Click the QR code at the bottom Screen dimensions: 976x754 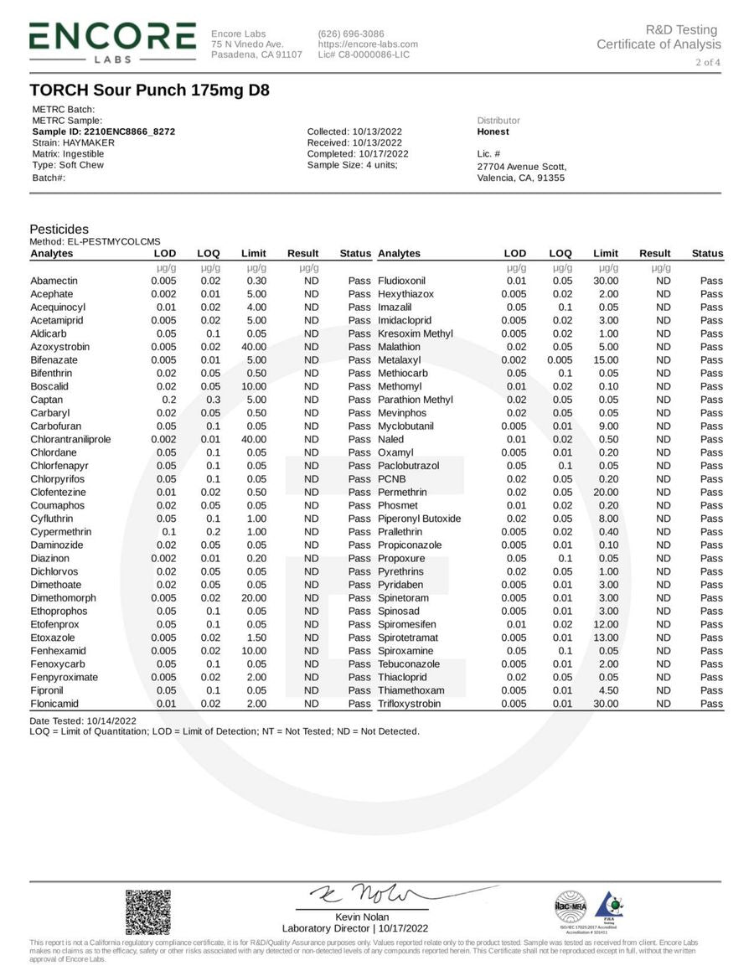point(147,912)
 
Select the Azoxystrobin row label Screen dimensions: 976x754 point(60,347)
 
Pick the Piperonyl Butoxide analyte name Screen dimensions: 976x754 point(419,519)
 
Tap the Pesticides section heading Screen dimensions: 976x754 point(59,229)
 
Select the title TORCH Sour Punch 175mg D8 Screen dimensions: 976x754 point(149,90)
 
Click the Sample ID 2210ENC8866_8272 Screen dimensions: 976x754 point(104,132)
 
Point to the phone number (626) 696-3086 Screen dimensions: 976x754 point(351,34)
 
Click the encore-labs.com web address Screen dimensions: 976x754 point(368,44)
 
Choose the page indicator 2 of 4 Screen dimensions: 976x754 point(707,62)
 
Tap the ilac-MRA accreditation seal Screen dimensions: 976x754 point(571,906)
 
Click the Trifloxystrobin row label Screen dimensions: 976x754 point(409,704)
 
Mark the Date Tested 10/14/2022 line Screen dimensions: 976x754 point(82,720)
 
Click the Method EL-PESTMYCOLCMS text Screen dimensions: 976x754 point(95,241)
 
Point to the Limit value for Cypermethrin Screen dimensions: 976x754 point(256,532)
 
